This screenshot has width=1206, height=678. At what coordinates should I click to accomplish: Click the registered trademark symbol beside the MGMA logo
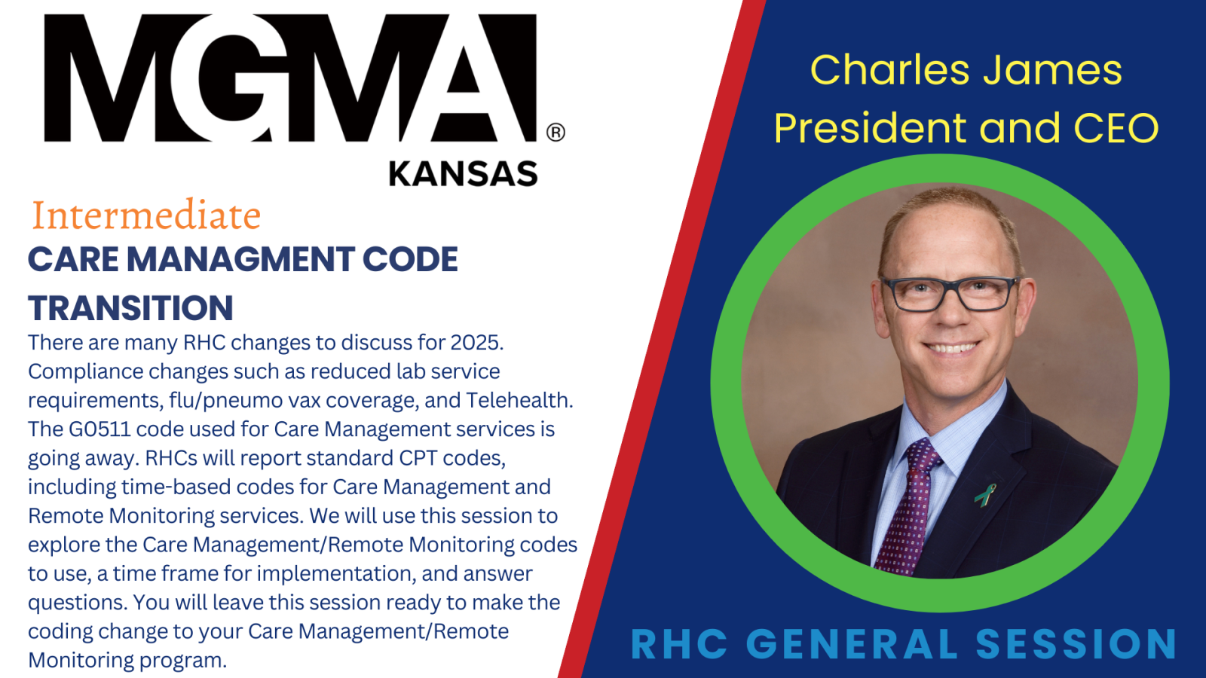[556, 133]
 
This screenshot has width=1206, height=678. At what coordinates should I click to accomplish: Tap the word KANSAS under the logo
[463, 174]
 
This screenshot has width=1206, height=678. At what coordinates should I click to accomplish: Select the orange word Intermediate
[146, 215]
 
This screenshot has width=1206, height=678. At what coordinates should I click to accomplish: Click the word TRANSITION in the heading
[131, 308]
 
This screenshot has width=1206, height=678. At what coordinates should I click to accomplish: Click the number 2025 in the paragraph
[476, 343]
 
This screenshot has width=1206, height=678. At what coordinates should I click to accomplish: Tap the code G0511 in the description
[99, 429]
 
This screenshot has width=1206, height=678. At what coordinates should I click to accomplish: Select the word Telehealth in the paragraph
[519, 400]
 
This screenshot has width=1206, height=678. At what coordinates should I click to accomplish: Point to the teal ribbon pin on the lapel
[984, 496]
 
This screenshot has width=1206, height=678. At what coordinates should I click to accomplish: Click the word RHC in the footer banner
[679, 644]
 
